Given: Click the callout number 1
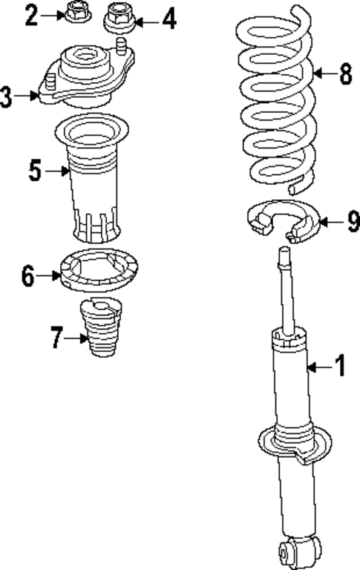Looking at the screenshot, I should tap(340, 366).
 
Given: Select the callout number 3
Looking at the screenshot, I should tap(7, 96).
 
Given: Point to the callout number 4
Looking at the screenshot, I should tap(169, 19).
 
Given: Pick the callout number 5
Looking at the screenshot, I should tap(35, 171).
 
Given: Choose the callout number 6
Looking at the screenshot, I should tap(28, 277).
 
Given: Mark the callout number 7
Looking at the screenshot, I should tap(57, 338).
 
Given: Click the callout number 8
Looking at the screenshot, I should tap(345, 73).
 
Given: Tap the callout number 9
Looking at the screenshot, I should tap(352, 221).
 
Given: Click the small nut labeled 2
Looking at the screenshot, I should tap(76, 13).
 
